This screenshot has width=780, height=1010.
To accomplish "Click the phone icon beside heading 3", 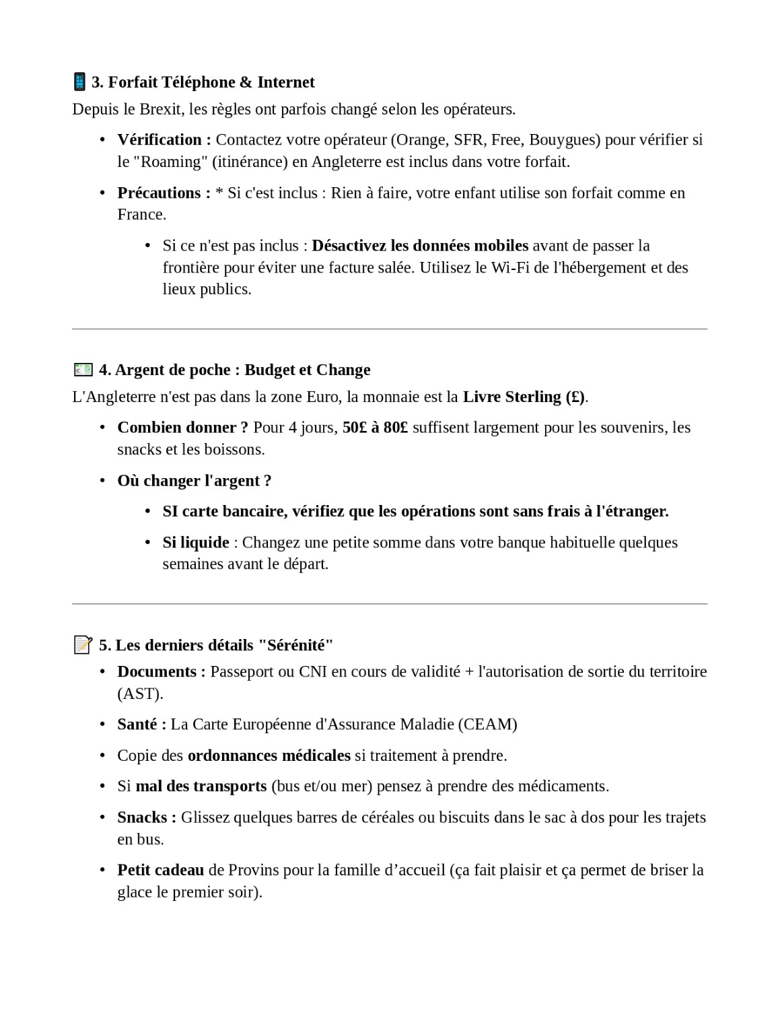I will tap(79, 82).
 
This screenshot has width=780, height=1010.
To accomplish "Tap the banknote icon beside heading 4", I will tap(83, 370).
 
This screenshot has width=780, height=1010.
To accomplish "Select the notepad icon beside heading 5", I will tap(82, 645).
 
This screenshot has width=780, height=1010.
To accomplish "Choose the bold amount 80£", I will tap(395, 428).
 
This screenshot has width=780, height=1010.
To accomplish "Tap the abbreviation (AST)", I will tap(140, 694).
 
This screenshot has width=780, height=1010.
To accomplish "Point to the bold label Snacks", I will tap(143, 817).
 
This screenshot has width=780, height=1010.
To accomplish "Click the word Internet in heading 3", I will tap(286, 82).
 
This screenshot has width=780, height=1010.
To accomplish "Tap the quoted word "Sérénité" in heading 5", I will tap(296, 645).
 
